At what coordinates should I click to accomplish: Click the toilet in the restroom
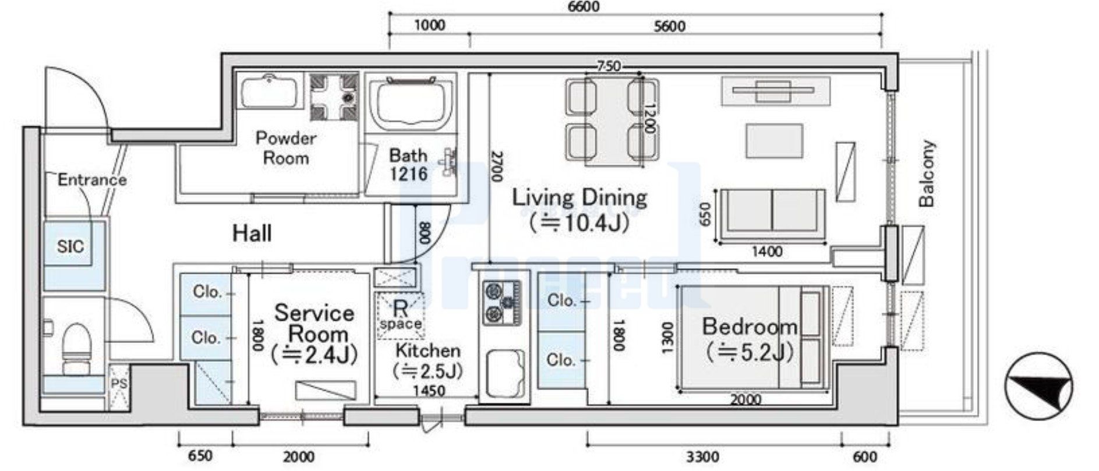(x=77, y=348)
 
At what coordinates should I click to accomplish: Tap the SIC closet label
(x=70, y=246)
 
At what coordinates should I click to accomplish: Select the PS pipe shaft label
(x=119, y=384)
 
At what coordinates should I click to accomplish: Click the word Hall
(x=252, y=233)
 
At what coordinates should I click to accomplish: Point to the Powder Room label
(x=286, y=148)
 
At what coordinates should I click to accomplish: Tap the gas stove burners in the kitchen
(x=501, y=303)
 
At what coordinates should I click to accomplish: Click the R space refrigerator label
(x=401, y=314)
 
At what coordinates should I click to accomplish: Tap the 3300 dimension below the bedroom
(x=702, y=456)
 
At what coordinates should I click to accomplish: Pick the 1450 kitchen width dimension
(x=429, y=391)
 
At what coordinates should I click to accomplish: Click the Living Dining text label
(x=579, y=197)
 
